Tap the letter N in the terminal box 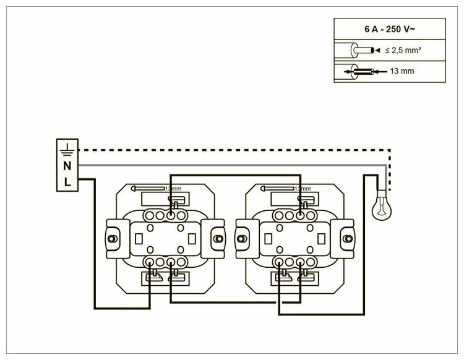pyautogui.click(x=67, y=165)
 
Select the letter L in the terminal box pyautogui.click(x=67, y=181)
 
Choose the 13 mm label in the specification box pyautogui.click(x=402, y=72)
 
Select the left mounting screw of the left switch pyautogui.click(x=113, y=236)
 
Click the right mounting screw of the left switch pyautogui.click(x=217, y=236)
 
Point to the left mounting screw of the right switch pyautogui.click(x=242, y=236)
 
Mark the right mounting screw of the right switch pyautogui.click(x=346, y=236)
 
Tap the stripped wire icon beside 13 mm pyautogui.click(x=359, y=72)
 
